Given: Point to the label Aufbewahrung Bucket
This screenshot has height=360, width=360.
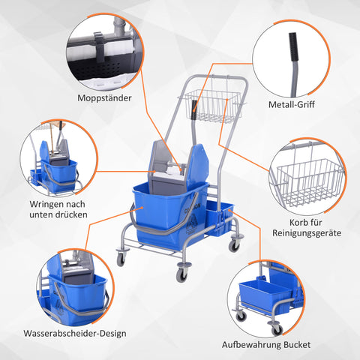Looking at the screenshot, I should pyautogui.click(x=265, y=346).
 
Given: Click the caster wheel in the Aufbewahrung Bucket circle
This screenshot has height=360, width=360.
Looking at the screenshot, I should pyautogui.click(x=241, y=316).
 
